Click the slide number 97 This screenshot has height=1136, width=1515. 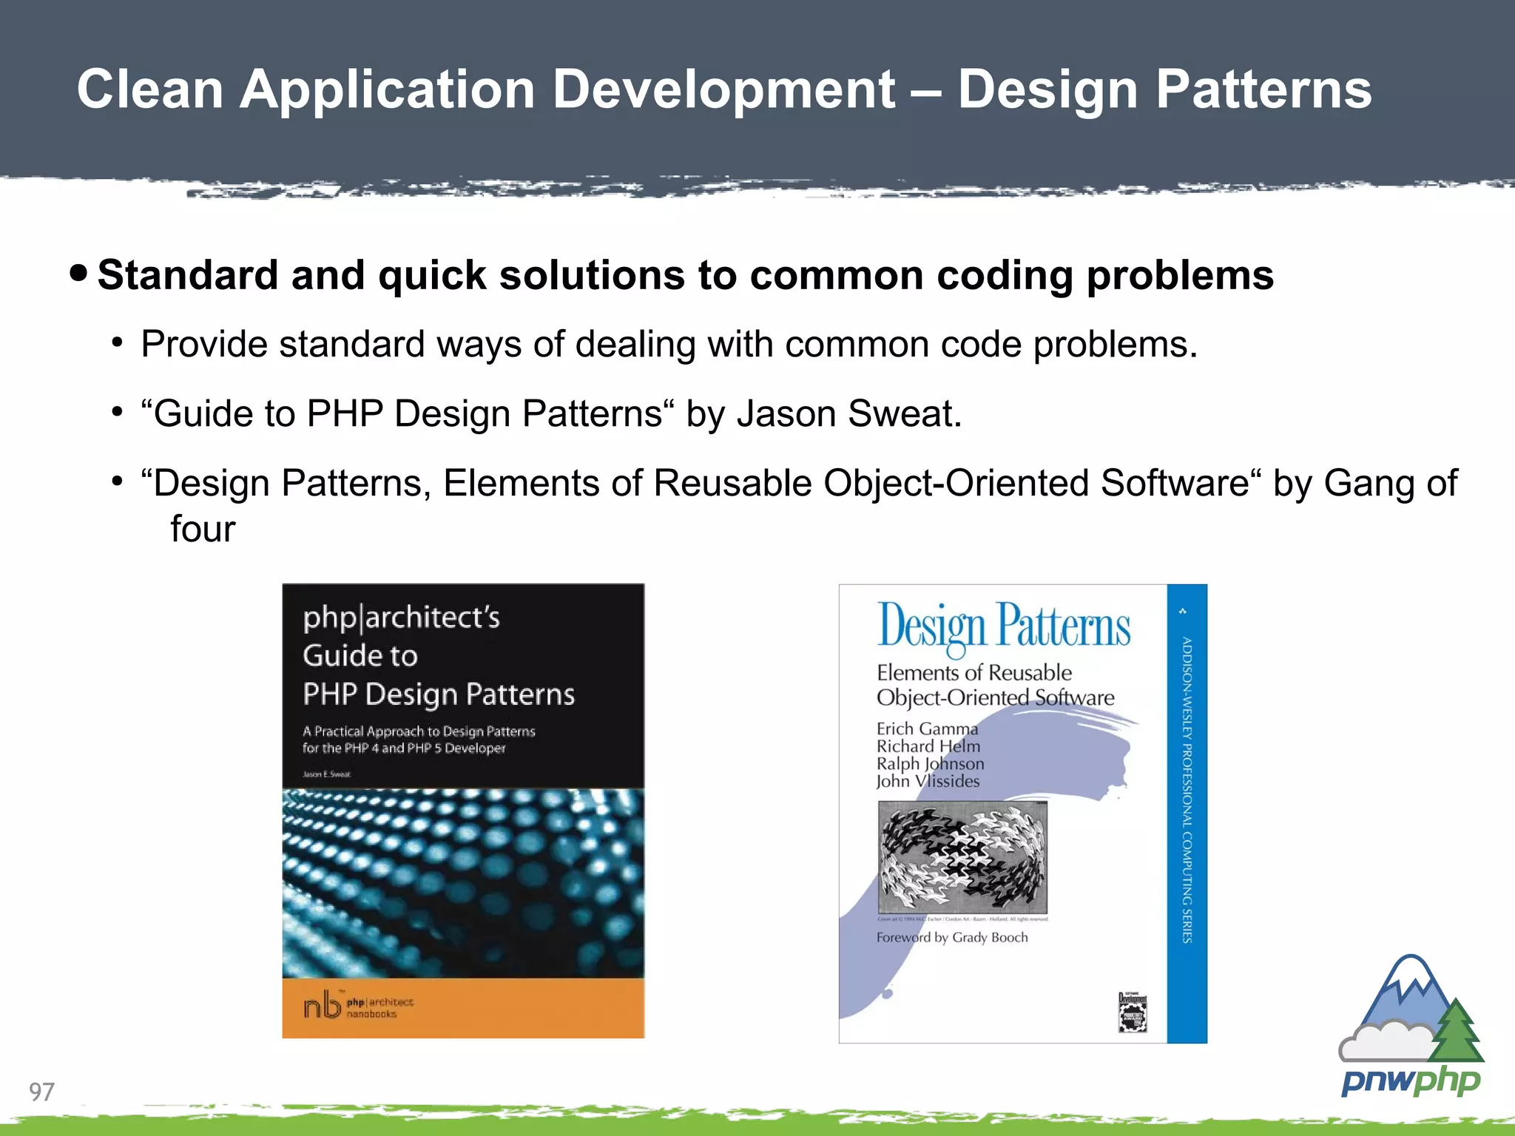(x=41, y=1091)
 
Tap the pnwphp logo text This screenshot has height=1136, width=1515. (x=1411, y=1081)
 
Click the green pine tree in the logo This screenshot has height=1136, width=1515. (x=1457, y=1031)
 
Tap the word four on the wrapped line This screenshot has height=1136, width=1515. (x=203, y=529)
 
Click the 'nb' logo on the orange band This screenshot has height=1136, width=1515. (x=322, y=1006)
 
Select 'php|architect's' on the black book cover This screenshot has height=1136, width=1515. (x=401, y=618)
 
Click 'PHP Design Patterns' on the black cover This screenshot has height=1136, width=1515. (x=438, y=694)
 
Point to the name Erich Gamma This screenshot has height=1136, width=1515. (x=927, y=728)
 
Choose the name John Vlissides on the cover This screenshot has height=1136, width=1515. (x=928, y=781)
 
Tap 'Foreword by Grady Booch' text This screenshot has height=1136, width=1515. (x=952, y=938)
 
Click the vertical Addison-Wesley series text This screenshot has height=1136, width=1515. (x=1187, y=789)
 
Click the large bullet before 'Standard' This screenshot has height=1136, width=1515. (x=78, y=274)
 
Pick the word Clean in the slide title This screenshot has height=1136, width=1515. (x=150, y=89)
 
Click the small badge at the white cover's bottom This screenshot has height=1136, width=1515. (x=1132, y=1012)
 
